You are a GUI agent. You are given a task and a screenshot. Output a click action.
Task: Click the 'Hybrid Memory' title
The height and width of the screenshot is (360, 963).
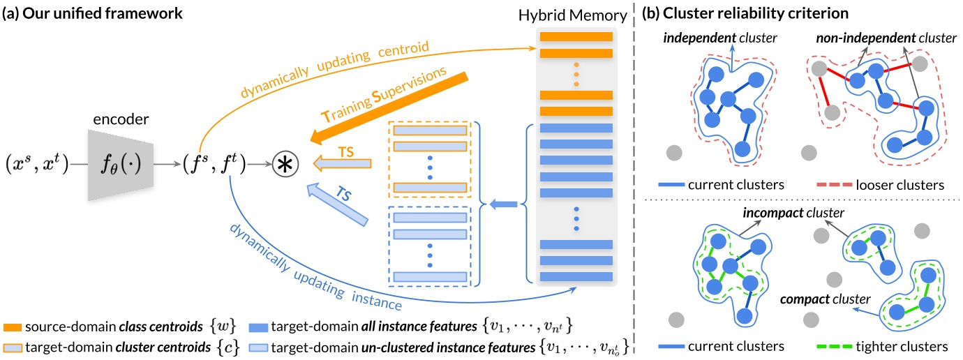coord(575,15)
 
